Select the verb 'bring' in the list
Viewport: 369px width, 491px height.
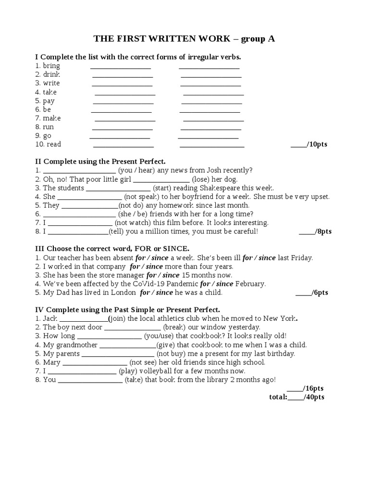pyautogui.click(x=51, y=66)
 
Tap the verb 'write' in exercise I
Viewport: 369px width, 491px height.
pyautogui.click(x=51, y=83)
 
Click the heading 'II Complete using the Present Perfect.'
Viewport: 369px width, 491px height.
pyautogui.click(x=100, y=162)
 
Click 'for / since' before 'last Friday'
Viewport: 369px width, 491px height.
pyautogui.click(x=259, y=257)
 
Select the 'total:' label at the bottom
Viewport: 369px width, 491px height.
pyautogui.click(x=278, y=397)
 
